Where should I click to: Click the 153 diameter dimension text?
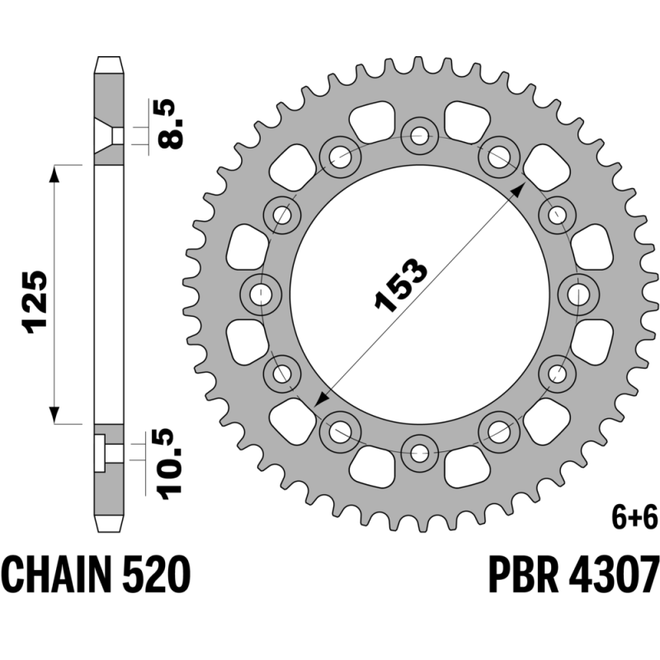(x=401, y=285)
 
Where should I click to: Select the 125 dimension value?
(x=36, y=302)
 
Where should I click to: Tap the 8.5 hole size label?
(x=171, y=124)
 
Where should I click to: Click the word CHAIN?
(x=57, y=574)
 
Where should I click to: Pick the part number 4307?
(x=613, y=574)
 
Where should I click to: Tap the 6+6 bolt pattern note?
(x=634, y=518)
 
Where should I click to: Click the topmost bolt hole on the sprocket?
(x=419, y=135)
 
